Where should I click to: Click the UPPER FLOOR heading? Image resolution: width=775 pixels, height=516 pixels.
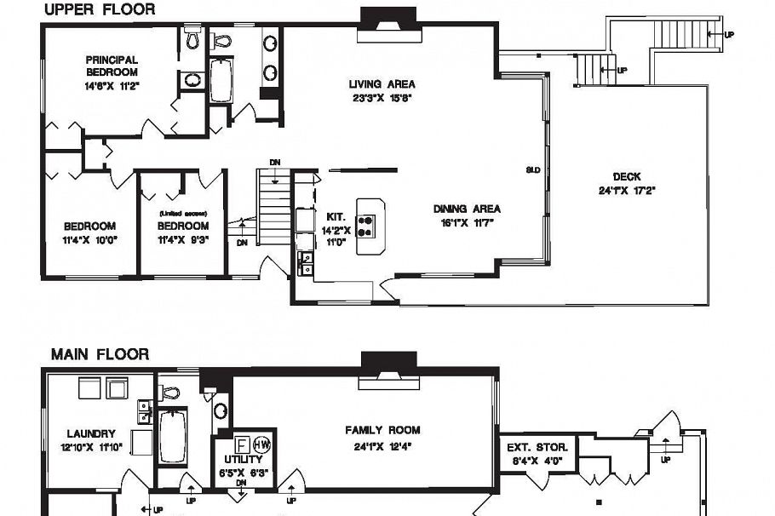pos(100,10)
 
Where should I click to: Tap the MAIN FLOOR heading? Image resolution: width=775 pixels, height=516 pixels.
pos(100,354)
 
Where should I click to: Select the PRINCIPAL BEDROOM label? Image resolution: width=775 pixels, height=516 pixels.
pos(112,66)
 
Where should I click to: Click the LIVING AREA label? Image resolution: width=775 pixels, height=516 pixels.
pos(382,84)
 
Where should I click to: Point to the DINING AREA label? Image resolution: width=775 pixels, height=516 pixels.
pos(467,209)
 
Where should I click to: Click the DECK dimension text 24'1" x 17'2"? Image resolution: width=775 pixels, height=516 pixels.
pos(627,191)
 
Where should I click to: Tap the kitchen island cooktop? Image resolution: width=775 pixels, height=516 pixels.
pos(367,225)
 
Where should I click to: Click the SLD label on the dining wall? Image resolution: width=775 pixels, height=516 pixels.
pos(533,170)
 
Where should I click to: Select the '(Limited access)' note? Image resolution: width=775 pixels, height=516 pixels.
pos(182,213)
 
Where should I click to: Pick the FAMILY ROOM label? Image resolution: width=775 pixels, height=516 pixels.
pos(382,430)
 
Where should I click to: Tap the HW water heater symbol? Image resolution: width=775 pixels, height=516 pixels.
pos(262,444)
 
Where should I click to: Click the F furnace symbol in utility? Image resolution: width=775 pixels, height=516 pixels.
pos(242,444)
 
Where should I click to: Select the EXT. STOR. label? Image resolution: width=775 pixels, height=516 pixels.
pos(531,447)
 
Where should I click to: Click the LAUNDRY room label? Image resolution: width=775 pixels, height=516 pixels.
pos(91,433)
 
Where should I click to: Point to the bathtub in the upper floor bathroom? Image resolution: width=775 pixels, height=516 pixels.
pos(221,81)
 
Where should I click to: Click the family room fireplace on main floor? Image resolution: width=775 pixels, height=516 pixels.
pos(388,370)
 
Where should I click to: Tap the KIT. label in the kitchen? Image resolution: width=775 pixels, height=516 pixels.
pos(335,217)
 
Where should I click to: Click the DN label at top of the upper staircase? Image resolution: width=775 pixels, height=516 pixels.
pos(274,162)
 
